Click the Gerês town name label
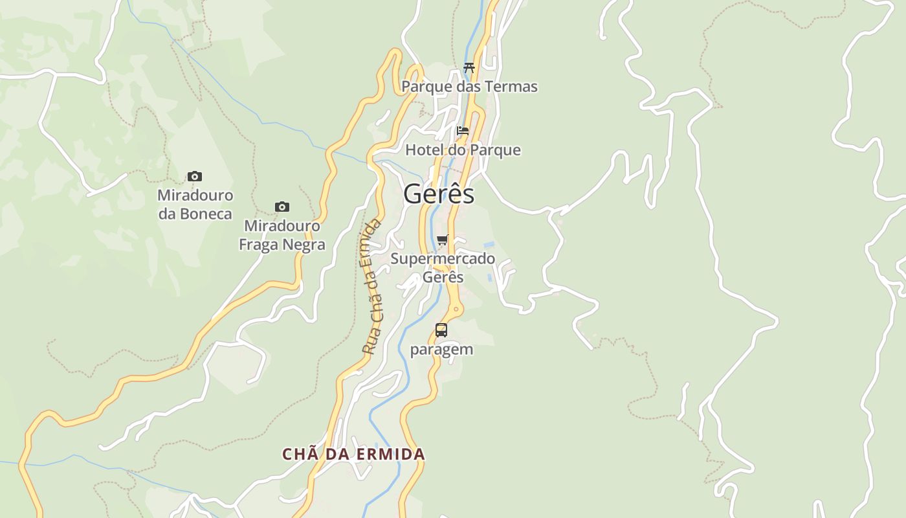[x=439, y=194]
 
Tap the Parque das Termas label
[x=469, y=87]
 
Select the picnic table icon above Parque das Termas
[x=469, y=67]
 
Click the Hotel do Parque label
[x=463, y=150]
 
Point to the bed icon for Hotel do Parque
[x=462, y=131]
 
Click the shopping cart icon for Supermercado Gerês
[x=443, y=240]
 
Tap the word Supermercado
[x=443, y=259]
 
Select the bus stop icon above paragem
[x=441, y=330]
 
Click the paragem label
[x=441, y=350]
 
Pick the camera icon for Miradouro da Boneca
[x=194, y=176]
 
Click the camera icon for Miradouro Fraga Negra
[x=282, y=207]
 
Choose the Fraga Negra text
[x=282, y=245]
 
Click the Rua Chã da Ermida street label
[x=372, y=287]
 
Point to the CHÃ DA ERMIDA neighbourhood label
[x=353, y=455]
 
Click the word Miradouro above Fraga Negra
[x=282, y=226]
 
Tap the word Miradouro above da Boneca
[x=195, y=195]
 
